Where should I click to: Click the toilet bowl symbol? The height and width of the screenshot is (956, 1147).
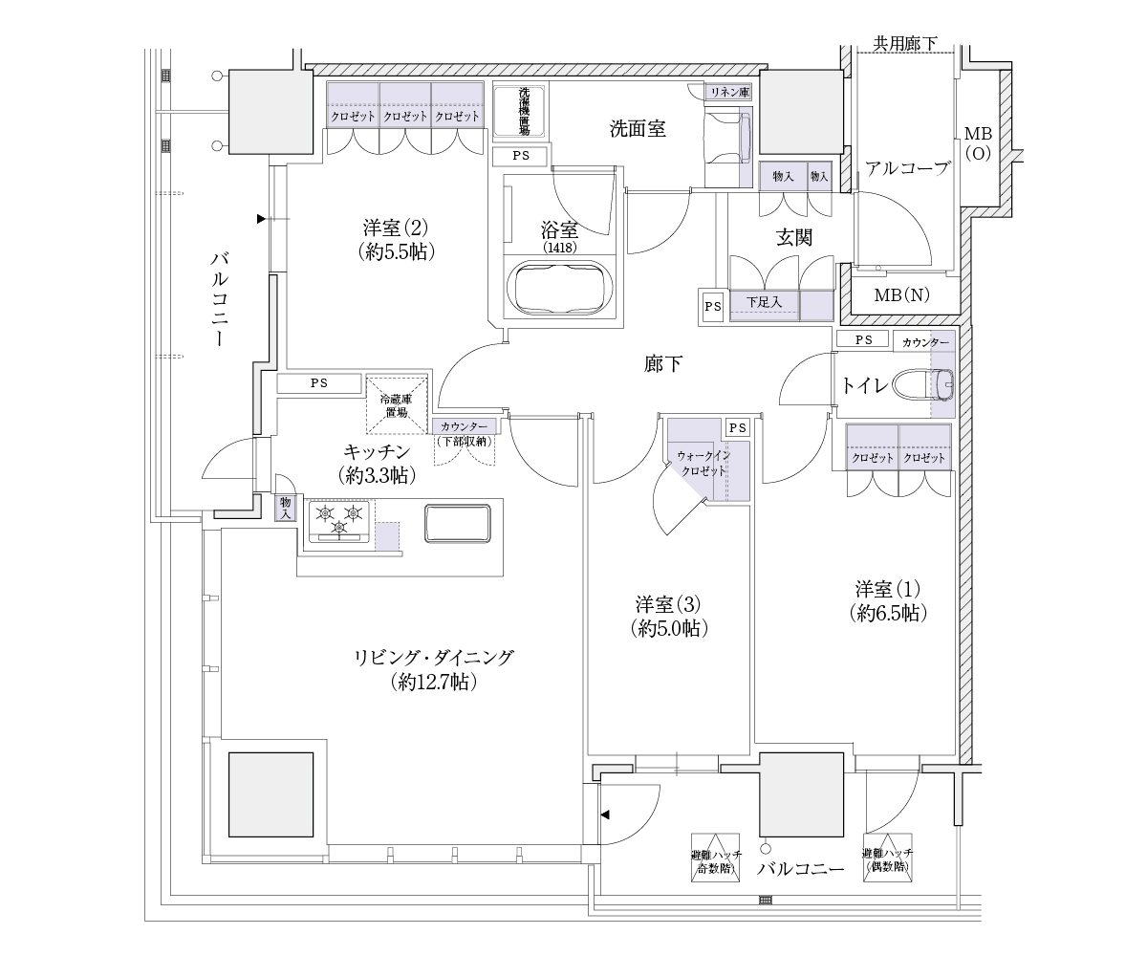click(923, 384)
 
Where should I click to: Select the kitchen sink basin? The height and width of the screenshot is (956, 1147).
click(458, 523)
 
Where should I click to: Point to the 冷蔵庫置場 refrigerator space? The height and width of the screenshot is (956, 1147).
click(397, 405)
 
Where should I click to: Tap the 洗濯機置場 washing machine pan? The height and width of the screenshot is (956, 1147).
click(519, 111)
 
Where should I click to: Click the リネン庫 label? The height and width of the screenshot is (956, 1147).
click(729, 93)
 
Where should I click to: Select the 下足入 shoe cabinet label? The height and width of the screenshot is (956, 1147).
click(764, 302)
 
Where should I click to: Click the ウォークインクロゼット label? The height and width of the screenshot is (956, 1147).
click(703, 463)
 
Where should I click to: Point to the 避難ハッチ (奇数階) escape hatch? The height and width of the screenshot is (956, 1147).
click(715, 858)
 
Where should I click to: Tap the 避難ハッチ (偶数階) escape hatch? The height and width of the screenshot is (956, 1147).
click(888, 858)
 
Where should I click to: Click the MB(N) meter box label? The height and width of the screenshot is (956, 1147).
click(902, 295)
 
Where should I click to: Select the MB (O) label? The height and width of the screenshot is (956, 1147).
click(979, 143)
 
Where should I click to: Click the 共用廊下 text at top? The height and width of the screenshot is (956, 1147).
click(905, 43)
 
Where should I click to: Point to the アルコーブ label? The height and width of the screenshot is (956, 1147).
click(907, 168)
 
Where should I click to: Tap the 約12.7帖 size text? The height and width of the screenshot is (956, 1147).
click(434, 682)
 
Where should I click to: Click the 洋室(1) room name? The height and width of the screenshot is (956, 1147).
click(887, 589)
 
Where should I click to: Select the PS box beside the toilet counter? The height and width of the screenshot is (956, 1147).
click(863, 339)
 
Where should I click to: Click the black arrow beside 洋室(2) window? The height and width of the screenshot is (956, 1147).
click(262, 219)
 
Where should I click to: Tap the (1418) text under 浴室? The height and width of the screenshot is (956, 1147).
click(560, 248)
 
